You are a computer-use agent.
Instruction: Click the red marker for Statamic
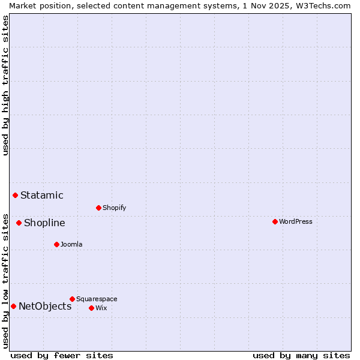(x=15, y=195)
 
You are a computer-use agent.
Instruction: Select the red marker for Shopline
(x=19, y=223)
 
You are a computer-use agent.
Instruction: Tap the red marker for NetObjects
(x=13, y=306)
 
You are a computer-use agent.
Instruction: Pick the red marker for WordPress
(x=275, y=221)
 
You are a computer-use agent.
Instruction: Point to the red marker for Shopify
(x=98, y=208)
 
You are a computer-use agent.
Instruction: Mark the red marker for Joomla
(x=56, y=244)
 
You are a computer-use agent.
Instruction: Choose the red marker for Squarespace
(x=72, y=299)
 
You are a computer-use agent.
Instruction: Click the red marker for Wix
(x=91, y=308)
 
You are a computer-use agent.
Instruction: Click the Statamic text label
(x=42, y=195)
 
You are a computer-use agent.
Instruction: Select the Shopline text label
(x=44, y=223)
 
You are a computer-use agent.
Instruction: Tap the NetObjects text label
(x=45, y=306)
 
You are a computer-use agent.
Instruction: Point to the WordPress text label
(x=296, y=221)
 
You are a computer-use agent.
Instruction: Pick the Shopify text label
(x=114, y=208)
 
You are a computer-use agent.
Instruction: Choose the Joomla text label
(x=71, y=244)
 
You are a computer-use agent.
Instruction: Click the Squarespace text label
(x=97, y=299)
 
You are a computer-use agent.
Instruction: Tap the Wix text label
(x=101, y=308)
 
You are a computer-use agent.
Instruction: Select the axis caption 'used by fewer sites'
(x=62, y=355)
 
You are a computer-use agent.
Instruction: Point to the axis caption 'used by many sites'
(x=301, y=355)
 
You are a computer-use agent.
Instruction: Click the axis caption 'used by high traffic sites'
(x=5, y=85)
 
